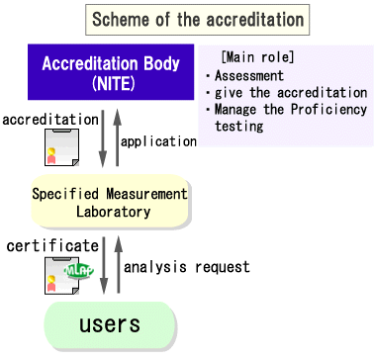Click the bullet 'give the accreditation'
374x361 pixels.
pos(290,92)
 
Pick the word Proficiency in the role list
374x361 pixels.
pos(314,109)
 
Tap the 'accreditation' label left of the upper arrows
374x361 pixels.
pos(49,120)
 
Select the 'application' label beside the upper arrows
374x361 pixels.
pos(157,141)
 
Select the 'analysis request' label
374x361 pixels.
pos(186,266)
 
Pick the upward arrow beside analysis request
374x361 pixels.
pos(115,265)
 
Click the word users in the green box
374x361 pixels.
pos(109,323)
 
